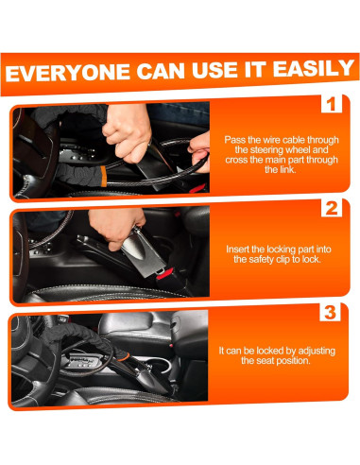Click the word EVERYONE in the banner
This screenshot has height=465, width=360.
(x=68, y=73)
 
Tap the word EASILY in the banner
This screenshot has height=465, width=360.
(x=314, y=68)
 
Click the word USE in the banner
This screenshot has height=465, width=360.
(x=214, y=70)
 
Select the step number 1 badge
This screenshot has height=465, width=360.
(x=332, y=104)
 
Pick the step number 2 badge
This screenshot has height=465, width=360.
(x=332, y=208)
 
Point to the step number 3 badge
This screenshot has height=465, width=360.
(x=330, y=312)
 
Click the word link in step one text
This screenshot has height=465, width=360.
(x=288, y=169)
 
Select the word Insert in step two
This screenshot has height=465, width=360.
(x=236, y=250)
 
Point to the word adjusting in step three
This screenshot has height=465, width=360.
(x=317, y=351)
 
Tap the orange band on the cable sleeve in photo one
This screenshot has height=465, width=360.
(x=103, y=177)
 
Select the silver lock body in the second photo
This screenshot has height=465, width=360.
(x=145, y=252)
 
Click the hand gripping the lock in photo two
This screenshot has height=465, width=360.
(x=115, y=226)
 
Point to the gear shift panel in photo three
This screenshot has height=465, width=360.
(x=82, y=361)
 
